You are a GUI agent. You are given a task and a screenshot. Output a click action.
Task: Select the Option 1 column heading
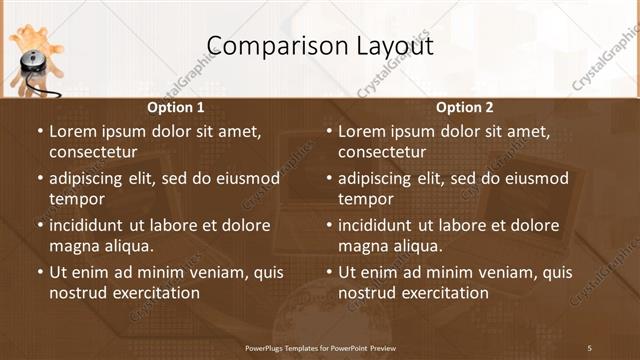click(176, 108)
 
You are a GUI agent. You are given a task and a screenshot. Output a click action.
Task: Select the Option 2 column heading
click(465, 108)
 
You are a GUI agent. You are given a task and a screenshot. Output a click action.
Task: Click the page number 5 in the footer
click(589, 348)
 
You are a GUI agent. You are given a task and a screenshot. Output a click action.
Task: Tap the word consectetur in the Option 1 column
click(93, 152)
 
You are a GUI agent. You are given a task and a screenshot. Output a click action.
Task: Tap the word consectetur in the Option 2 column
click(382, 152)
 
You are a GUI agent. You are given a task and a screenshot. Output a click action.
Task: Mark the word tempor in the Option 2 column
click(364, 199)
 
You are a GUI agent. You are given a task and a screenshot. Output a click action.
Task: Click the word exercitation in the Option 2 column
click(441, 293)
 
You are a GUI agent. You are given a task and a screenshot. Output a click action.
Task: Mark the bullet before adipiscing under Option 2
click(329, 179)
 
